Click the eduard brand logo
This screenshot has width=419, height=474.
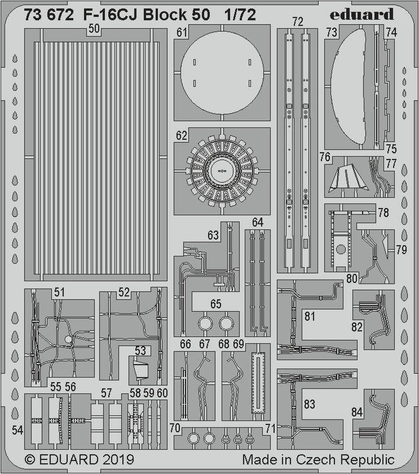(361, 14)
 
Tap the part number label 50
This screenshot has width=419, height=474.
(94, 29)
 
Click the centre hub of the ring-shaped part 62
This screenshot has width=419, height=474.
(222, 171)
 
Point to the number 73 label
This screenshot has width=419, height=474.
(332, 32)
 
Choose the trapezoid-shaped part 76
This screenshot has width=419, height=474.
(350, 177)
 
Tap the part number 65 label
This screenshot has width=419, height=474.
(215, 304)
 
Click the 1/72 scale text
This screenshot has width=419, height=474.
(240, 14)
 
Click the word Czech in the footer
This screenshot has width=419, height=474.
(316, 459)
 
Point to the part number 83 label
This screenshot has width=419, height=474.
(310, 404)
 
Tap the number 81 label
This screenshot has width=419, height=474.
(310, 316)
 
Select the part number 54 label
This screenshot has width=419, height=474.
(17, 430)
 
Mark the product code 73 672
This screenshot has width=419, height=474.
(48, 15)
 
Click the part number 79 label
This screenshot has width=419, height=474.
(402, 250)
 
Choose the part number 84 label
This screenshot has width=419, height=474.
(357, 412)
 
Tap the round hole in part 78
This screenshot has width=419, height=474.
(341, 249)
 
